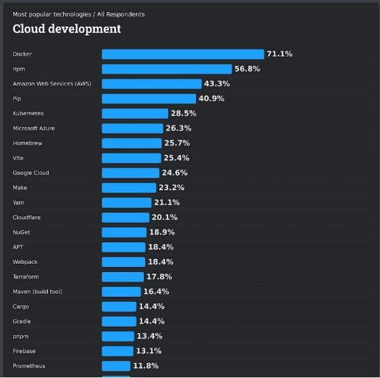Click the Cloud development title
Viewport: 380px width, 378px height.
coord(67,29)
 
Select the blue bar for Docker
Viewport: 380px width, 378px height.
coord(183,54)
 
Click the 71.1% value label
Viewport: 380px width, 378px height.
coord(280,54)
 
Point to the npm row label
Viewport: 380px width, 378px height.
coord(19,69)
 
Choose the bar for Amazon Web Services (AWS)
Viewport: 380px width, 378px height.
coord(152,84)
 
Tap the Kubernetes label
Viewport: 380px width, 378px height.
coord(29,114)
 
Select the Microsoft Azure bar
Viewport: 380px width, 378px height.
coord(132,128)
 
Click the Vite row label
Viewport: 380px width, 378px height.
coord(18,158)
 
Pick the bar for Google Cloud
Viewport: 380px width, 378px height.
coord(131,173)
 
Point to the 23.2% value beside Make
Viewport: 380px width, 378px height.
coord(171,188)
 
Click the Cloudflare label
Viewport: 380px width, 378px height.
coord(27,218)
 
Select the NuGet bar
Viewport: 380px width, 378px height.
coord(124,232)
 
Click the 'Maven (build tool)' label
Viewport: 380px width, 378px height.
coord(37,292)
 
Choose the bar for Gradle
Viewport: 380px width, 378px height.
coord(119,322)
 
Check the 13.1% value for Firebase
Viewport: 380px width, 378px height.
coord(148,351)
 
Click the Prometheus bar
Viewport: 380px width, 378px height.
coord(116,366)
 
